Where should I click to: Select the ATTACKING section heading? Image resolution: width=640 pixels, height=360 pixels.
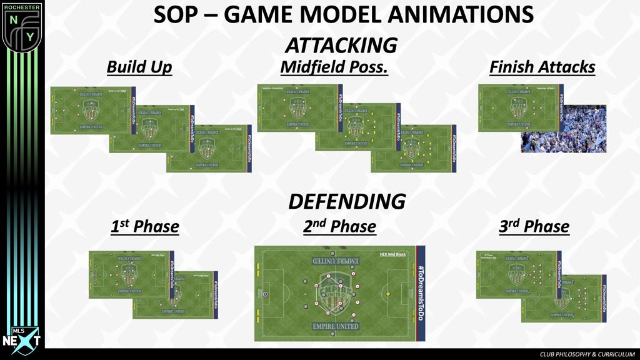point(341,45)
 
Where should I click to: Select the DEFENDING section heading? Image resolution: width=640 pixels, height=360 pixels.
point(346,201)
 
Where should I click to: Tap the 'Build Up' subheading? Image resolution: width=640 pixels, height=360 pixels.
point(139,67)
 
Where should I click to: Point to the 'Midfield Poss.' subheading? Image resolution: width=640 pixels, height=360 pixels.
point(334,67)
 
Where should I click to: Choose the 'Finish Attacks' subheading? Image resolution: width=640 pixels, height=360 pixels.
point(542,67)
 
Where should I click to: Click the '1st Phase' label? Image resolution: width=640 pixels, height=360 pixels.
point(144,226)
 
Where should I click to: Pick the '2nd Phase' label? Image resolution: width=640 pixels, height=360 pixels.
point(339,226)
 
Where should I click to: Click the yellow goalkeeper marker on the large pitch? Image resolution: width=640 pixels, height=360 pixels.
point(388,293)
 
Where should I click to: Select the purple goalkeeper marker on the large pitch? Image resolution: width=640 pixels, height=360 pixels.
point(266,293)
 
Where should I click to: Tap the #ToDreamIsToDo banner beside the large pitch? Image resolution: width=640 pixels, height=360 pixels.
point(420,293)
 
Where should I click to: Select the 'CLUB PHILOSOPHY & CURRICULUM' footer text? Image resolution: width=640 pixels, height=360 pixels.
point(587,354)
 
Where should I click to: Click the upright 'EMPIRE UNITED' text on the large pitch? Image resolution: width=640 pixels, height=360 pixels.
point(336,326)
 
